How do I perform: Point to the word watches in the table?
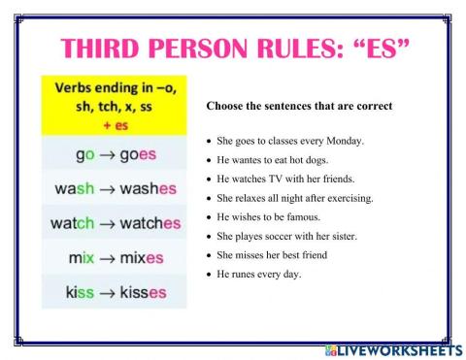[150, 223]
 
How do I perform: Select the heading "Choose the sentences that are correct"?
[299, 105]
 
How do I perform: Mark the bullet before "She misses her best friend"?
[211, 255]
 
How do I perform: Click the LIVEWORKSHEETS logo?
[398, 346]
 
